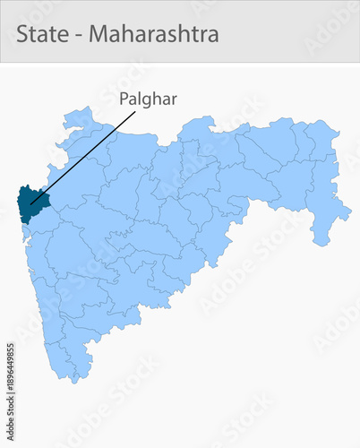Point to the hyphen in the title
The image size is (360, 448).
point(78,35)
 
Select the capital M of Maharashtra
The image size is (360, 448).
point(99,33)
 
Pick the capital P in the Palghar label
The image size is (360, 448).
point(124,99)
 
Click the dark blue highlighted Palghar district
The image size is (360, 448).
point(30,202)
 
